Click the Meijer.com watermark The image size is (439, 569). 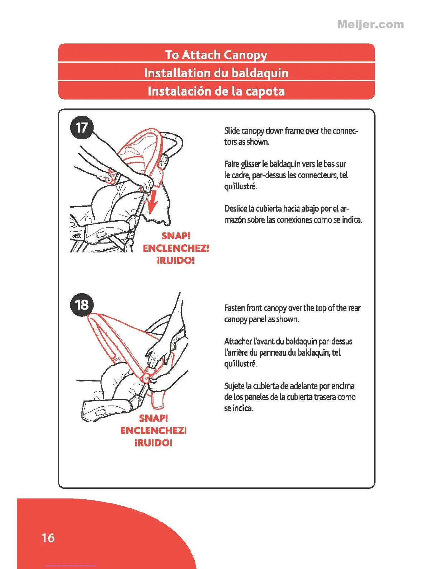(370, 25)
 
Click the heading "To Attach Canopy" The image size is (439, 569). (216, 55)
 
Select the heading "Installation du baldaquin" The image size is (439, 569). (216, 73)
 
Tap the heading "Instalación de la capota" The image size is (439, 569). (216, 91)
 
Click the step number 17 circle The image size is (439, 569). (82, 128)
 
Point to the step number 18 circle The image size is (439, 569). (82, 305)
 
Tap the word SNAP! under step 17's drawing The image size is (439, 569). (176, 236)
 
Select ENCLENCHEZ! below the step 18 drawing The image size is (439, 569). (154, 430)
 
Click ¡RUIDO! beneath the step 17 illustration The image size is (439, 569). (176, 260)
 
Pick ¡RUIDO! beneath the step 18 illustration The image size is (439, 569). (154, 443)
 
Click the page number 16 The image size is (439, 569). (48, 538)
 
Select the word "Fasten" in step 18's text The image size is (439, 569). (235, 308)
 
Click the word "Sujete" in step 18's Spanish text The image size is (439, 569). (234, 386)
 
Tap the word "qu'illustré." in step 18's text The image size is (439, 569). (241, 364)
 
